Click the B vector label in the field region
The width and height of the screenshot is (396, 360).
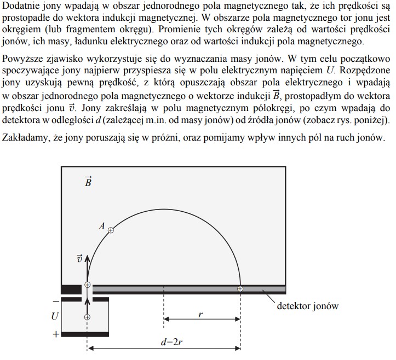[88, 182]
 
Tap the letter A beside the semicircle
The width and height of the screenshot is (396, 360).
[102, 225]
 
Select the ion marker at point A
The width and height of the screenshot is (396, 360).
[111, 230]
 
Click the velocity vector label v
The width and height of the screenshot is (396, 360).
[80, 259]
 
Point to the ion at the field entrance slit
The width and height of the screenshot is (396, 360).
[87, 285]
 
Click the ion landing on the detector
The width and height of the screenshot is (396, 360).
[240, 288]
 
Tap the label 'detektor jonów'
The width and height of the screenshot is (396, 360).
[307, 306]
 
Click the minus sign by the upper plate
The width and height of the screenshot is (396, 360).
[56, 300]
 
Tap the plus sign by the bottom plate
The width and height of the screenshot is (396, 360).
[56, 333]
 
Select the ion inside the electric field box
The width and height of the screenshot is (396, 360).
[87, 317]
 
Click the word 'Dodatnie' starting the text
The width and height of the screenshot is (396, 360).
[20, 6]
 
